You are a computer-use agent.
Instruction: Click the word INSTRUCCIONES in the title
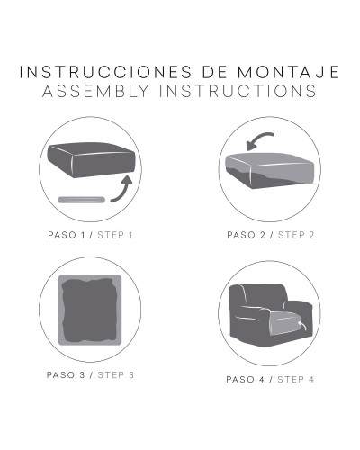pyautogui.click(x=105, y=72)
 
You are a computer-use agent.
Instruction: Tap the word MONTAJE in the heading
pyautogui.click(x=289, y=72)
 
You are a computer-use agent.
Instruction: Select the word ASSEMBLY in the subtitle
pyautogui.click(x=95, y=91)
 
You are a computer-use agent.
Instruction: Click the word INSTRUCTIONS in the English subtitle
pyautogui.click(x=238, y=91)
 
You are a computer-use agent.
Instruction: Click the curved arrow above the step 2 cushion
pyautogui.click(x=257, y=139)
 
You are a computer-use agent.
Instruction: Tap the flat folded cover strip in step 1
pyautogui.click(x=81, y=200)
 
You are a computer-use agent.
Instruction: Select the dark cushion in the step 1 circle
pyautogui.click(x=92, y=159)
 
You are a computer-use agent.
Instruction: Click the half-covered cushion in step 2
pyautogui.click(x=270, y=171)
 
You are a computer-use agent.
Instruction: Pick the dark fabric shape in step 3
pyautogui.click(x=90, y=310)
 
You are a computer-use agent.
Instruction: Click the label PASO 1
pyautogui.click(x=67, y=235)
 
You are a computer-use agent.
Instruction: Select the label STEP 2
pyautogui.click(x=296, y=235)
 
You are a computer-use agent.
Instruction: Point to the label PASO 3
pyautogui.click(x=66, y=375)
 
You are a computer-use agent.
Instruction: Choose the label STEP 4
pyautogui.click(x=295, y=380)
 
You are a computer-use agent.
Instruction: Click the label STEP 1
pyautogui.click(x=115, y=235)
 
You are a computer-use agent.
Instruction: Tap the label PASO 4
pyautogui.click(x=246, y=380)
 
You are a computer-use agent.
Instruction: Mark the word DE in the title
pyautogui.click(x=215, y=72)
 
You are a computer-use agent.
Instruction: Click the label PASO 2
pyautogui.click(x=247, y=235)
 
